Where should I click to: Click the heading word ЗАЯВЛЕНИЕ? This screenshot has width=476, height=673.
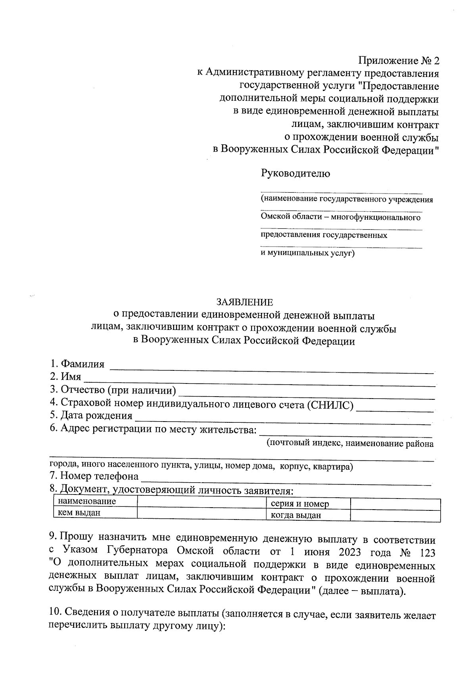tap(244, 303)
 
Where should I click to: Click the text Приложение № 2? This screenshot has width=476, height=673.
tap(399, 61)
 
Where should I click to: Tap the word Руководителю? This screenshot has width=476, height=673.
tap(295, 173)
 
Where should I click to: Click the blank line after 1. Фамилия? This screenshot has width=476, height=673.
tap(271, 369)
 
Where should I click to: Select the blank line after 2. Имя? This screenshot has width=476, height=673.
tap(259, 382)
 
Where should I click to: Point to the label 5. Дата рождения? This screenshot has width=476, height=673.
tap(92, 416)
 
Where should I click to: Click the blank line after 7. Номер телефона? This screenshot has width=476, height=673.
tap(286, 481)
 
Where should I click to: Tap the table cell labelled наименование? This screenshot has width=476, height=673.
tap(87, 501)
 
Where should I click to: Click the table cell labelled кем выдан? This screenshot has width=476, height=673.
tap(79, 513)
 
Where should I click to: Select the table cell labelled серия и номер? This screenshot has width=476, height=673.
tap(300, 504)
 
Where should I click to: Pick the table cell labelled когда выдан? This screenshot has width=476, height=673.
tap(296, 516)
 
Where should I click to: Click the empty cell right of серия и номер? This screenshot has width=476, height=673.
tap(395, 504)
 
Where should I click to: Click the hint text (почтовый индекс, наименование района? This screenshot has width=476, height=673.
tap(349, 443)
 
